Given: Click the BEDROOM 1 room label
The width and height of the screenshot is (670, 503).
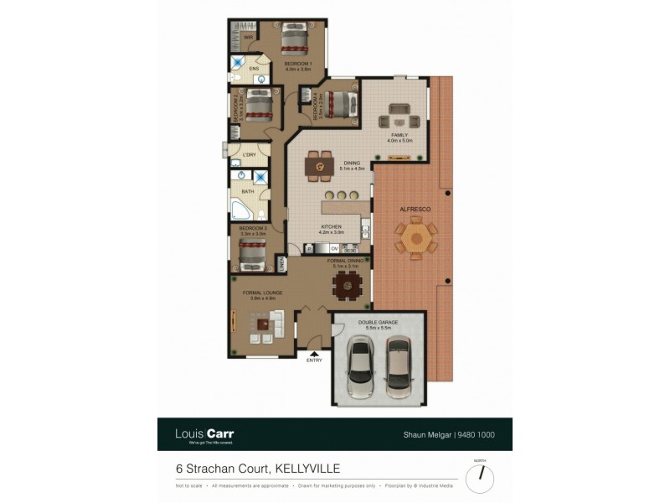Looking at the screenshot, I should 297,65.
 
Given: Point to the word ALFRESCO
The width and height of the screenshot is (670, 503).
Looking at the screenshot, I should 415,207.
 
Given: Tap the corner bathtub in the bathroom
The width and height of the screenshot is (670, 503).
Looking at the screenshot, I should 243,209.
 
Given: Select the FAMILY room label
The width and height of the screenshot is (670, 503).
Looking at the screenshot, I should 399,136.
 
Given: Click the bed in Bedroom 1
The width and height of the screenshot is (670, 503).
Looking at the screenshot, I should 296,39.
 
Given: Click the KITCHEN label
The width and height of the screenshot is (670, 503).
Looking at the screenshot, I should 332,227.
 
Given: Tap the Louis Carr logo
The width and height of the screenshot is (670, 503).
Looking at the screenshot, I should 204,434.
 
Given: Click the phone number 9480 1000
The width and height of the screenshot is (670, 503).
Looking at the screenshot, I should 479,434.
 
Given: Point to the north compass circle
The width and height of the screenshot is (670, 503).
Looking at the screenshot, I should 480,478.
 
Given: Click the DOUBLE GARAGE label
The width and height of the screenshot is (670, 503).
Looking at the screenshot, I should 378,322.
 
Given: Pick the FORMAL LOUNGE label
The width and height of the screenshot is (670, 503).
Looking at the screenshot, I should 262,293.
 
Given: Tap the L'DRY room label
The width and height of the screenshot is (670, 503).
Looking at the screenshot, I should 249,155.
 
